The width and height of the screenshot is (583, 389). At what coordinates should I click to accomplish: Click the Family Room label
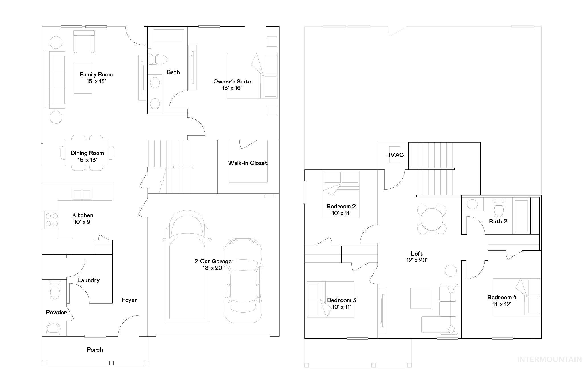[96, 74]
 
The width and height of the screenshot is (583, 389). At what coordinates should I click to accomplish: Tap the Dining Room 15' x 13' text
[87, 156]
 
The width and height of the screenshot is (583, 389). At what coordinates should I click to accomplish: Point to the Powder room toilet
[55, 290]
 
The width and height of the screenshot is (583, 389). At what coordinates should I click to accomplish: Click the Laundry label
[88, 280]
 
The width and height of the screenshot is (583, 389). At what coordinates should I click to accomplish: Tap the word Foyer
[129, 300]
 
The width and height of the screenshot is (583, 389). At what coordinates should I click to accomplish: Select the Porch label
[95, 350]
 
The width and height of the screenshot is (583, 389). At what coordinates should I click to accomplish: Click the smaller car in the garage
[243, 281]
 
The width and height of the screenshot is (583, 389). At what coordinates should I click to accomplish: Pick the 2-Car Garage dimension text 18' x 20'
[213, 268]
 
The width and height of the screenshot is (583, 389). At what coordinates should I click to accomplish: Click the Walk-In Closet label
[248, 163]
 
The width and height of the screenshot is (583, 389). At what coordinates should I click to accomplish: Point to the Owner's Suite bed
[252, 76]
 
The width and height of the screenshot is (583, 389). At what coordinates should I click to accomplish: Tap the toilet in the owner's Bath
[157, 60]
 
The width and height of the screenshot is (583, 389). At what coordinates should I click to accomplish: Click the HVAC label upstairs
[395, 155]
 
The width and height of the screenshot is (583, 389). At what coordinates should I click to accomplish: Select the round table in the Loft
[432, 219]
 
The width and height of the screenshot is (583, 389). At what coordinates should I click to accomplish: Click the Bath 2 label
[498, 221]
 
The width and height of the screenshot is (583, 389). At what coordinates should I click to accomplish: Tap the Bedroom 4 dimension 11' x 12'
[502, 304]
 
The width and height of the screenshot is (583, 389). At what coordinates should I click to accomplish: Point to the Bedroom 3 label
[341, 300]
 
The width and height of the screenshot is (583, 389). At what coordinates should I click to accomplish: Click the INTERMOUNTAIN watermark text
[549, 359]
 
